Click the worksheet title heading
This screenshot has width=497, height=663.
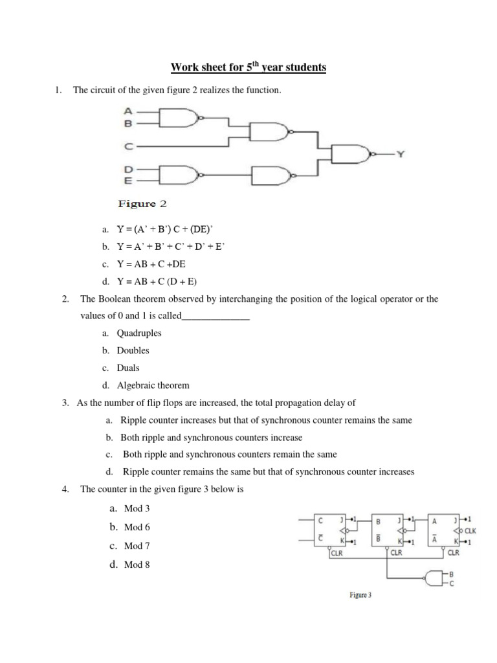pyautogui.click(x=248, y=67)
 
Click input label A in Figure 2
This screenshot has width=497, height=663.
pyautogui.click(x=128, y=111)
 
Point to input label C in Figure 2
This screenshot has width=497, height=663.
pyautogui.click(x=128, y=146)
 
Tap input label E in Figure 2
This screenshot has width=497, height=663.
pyautogui.click(x=128, y=181)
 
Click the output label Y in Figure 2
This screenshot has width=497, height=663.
pyautogui.click(x=401, y=155)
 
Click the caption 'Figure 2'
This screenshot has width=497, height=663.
pyautogui.click(x=142, y=204)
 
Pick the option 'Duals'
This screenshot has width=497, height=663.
pyautogui.click(x=128, y=368)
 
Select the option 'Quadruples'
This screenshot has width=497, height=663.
pyautogui.click(x=139, y=333)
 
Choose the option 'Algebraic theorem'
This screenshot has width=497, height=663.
pyautogui.click(x=153, y=385)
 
